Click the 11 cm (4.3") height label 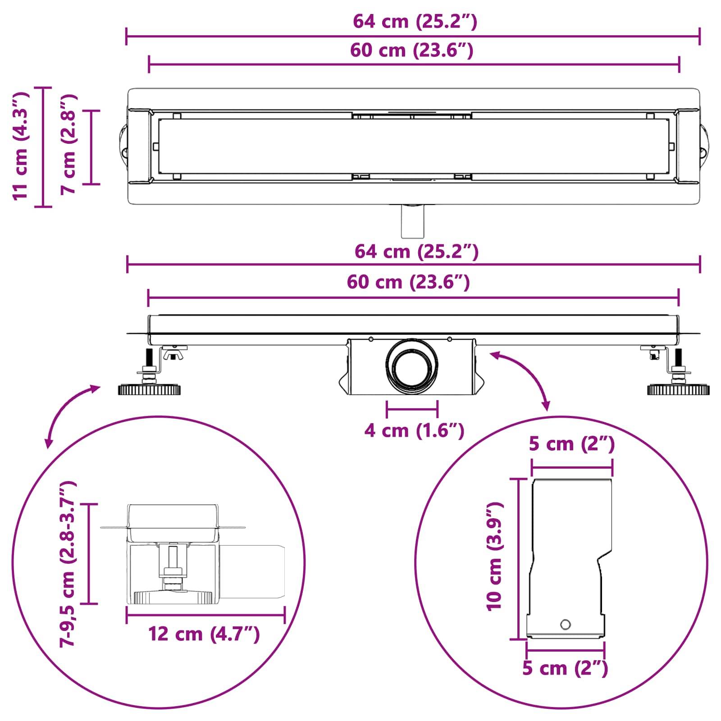[x=21, y=146]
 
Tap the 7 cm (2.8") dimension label [x=69, y=144]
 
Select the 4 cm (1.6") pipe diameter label [x=414, y=431]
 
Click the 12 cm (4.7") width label [x=204, y=634]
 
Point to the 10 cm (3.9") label [x=494, y=556]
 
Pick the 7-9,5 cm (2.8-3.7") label [x=68, y=563]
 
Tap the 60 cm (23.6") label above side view [x=408, y=282]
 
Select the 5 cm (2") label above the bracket [x=571, y=444]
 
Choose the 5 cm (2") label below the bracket [x=565, y=668]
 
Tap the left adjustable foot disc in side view [x=150, y=390]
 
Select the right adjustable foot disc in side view [x=678, y=390]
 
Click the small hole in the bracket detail [x=565, y=625]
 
